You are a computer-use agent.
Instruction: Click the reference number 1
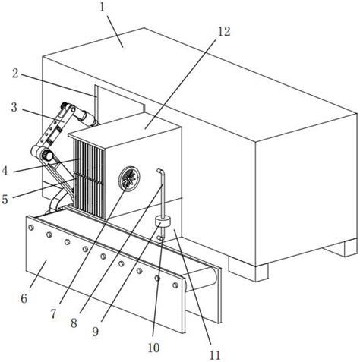point(102,8)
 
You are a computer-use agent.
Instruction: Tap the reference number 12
point(224,31)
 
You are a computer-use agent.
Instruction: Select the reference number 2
point(15,74)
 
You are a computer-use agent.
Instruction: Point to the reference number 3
point(14,107)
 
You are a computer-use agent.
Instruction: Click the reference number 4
point(5,171)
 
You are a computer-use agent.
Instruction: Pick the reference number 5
point(5,199)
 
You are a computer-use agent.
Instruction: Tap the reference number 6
point(24,298)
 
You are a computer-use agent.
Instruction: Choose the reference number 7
point(53,314)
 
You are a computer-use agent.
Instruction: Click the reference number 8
point(74,323)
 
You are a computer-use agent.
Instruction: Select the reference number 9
point(95,332)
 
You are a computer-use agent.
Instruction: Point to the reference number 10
point(153,348)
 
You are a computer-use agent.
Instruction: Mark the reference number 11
point(215,355)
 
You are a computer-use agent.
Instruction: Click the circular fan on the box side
point(129,178)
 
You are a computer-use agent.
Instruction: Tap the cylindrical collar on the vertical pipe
point(163,222)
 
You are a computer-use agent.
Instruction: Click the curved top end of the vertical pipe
point(161,172)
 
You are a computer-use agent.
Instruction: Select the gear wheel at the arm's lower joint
point(47,155)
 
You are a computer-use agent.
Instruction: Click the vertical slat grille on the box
point(89,178)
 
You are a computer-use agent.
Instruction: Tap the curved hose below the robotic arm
point(57,200)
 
